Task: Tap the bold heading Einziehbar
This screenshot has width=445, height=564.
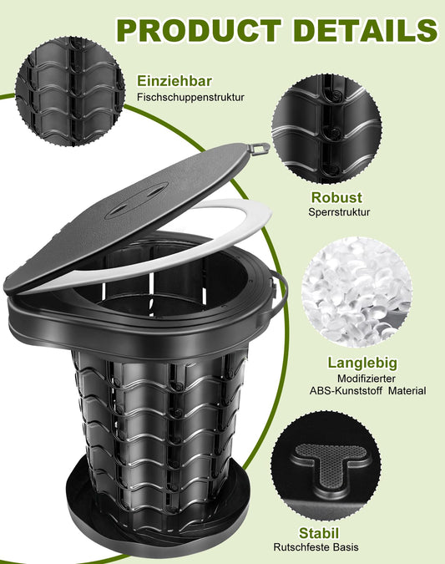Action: point(174,81)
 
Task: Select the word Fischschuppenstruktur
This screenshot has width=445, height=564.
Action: point(190,97)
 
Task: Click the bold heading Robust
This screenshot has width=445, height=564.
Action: point(336,197)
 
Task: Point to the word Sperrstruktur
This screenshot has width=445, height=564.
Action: point(338,212)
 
